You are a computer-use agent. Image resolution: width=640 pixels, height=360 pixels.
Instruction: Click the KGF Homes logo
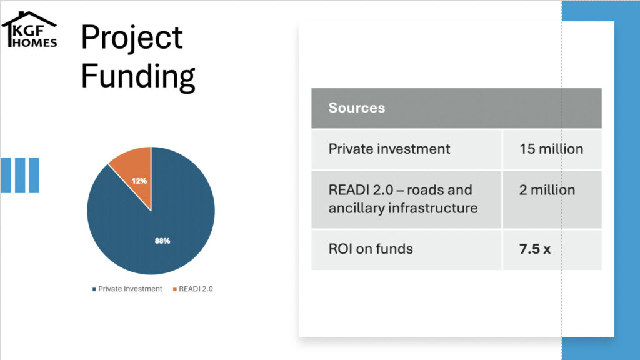click(29, 29)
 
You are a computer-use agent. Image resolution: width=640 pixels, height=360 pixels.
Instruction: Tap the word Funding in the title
click(138, 76)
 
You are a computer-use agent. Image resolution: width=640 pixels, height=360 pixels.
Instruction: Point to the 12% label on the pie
click(139, 181)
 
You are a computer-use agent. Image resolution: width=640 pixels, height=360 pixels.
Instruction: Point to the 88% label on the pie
click(162, 241)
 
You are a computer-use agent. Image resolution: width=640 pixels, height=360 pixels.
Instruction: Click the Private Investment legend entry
click(127, 289)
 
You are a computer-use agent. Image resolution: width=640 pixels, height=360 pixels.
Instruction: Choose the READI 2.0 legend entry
click(192, 289)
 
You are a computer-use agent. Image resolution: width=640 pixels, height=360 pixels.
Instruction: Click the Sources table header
click(357, 107)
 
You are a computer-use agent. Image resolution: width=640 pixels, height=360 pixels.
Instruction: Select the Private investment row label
click(389, 149)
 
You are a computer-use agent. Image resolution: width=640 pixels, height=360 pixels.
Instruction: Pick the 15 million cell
click(551, 149)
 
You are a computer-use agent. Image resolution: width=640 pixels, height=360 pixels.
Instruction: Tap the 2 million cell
click(547, 190)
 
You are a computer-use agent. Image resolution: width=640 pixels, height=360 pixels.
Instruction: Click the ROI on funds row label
click(371, 249)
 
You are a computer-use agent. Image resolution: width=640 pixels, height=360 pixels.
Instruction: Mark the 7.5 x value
click(535, 249)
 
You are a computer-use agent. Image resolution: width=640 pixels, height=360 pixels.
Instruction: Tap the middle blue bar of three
click(20, 175)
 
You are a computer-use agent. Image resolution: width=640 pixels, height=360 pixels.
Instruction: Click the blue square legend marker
click(94, 289)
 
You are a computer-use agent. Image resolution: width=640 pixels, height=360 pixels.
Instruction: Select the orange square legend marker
click(175, 289)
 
